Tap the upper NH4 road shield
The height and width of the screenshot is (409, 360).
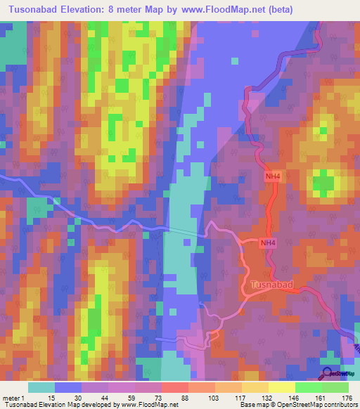272,178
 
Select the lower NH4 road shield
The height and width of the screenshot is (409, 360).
267,243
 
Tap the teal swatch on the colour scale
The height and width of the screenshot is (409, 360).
41,387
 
